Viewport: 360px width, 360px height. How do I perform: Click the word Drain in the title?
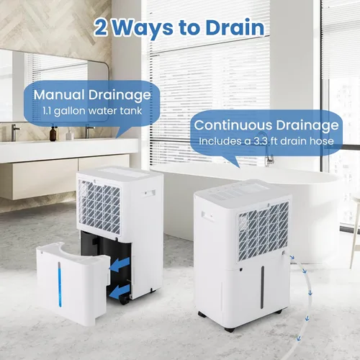[x=235, y=28]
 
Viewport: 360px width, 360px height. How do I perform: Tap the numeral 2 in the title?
[x=101, y=28]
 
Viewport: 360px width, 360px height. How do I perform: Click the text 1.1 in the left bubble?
[x=47, y=111]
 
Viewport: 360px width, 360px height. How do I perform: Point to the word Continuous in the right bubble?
[x=233, y=125]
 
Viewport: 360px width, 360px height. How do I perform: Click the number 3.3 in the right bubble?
[x=261, y=141]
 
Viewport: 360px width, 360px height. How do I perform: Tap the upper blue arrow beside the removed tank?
[x=120, y=265]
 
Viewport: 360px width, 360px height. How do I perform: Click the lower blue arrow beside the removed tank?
[x=120, y=291]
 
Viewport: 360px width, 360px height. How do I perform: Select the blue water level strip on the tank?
[x=60, y=284]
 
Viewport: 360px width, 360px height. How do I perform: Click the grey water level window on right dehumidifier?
[x=262, y=287]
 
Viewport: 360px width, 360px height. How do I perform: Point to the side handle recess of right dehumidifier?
[x=207, y=215]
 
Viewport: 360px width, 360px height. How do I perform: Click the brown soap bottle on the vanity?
[x=53, y=133]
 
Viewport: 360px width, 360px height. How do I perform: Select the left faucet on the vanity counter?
[x=15, y=132]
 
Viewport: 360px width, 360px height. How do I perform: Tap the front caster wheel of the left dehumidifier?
[x=125, y=301]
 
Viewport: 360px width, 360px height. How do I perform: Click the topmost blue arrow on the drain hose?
[x=292, y=258]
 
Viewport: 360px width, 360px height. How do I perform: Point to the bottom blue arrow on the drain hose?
[x=299, y=338]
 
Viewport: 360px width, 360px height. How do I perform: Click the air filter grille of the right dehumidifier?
[x=264, y=232]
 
